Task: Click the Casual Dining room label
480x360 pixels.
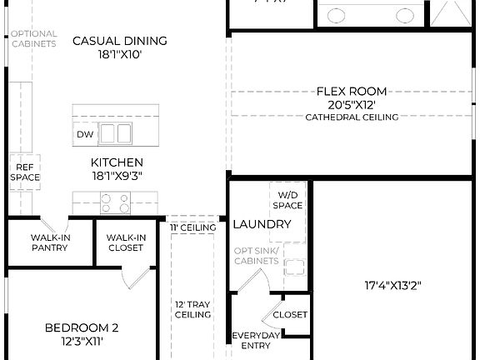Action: click(120, 40)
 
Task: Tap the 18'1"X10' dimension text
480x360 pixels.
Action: click(120, 55)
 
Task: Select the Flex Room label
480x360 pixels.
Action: click(352, 91)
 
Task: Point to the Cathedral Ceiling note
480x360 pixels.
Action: click(352, 117)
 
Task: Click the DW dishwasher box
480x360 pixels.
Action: click(85, 134)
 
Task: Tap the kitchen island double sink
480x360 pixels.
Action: click(116, 133)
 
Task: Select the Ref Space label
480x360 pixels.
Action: click(24, 172)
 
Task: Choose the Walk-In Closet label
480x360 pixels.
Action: click(127, 242)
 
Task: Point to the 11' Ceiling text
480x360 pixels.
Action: click(193, 227)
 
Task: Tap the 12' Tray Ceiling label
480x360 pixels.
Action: click(192, 309)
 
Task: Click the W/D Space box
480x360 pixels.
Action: click(287, 200)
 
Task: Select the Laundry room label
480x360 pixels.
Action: click(262, 224)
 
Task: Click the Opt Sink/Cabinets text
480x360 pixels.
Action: click(256, 256)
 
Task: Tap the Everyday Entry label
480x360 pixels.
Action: click(256, 340)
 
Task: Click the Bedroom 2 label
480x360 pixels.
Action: click(81, 327)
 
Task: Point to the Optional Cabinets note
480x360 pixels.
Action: click(33, 38)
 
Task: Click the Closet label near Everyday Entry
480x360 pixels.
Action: click(290, 315)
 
